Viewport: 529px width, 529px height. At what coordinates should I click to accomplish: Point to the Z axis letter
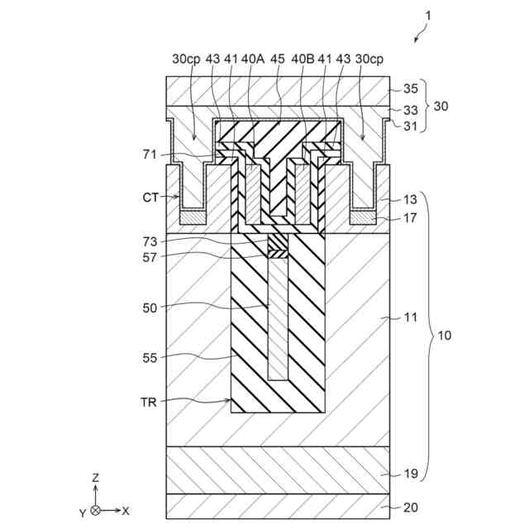96,478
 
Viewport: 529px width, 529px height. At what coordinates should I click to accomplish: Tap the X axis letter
126,511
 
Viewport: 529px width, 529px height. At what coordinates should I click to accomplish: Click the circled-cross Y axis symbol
96,511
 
